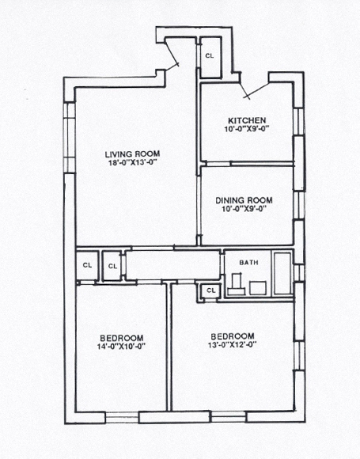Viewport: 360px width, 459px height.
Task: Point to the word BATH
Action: click(250, 262)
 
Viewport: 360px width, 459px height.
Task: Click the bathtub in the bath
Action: click(282, 274)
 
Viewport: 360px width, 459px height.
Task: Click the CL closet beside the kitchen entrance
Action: click(210, 57)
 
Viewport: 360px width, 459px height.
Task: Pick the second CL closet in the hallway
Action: click(113, 266)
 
